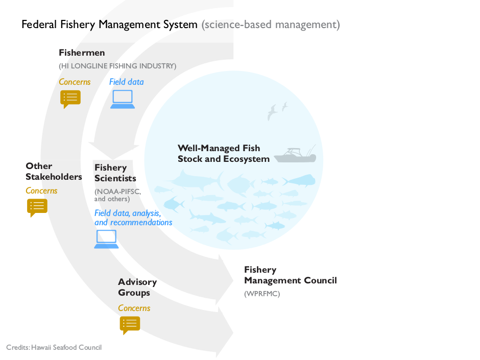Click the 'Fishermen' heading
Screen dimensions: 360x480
[x=82, y=53]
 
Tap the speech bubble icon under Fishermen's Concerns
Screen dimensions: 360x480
[x=70, y=98]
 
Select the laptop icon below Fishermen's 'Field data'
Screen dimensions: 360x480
[x=123, y=99]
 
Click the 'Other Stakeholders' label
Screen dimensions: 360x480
[x=54, y=172]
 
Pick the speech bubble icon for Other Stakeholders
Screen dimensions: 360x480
[x=37, y=207]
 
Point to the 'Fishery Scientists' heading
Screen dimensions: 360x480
[x=115, y=173]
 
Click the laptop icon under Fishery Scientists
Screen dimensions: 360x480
[x=106, y=239]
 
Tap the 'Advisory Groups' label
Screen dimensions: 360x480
[x=137, y=287]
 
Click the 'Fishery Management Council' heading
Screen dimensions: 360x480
[x=290, y=275]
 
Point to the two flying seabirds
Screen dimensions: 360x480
[x=277, y=111]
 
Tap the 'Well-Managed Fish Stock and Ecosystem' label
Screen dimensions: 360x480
[x=223, y=154]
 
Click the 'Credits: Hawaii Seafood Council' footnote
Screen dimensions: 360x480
[x=54, y=347]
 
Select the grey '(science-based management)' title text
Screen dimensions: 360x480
[x=270, y=24]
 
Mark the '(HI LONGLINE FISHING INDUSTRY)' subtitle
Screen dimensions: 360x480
[x=117, y=66]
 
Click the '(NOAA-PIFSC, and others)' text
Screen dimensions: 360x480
[x=117, y=195]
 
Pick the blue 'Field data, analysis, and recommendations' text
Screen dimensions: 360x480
[x=133, y=218]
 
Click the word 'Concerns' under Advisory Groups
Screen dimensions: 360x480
[x=134, y=308]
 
